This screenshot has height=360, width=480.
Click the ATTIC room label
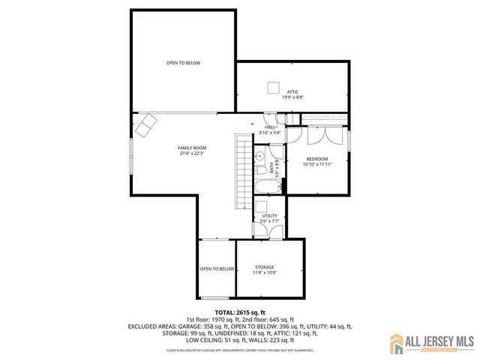point(292,91)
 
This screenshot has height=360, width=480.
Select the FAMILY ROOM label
point(192,148)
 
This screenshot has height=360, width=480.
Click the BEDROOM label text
point(317,158)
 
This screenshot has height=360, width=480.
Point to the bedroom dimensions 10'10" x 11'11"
point(317,164)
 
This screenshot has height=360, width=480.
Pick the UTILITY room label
point(269,215)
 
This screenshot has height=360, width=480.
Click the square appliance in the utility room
point(262,206)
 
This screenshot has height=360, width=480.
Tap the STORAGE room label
point(264,266)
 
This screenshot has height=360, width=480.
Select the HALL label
point(268,127)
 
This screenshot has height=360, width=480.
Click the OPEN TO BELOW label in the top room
point(184,63)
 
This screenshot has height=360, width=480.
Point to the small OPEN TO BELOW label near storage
point(217,268)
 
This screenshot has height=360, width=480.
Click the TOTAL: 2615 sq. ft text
point(240,312)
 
